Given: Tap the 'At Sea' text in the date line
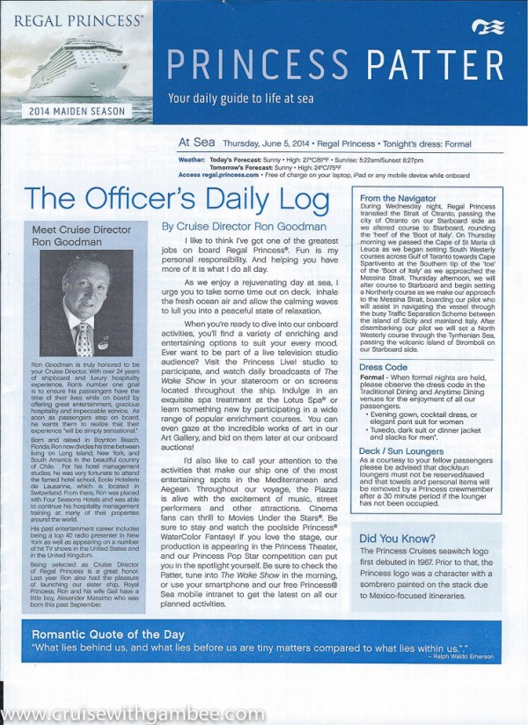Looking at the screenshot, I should [194, 140].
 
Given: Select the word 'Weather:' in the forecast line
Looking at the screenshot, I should [192, 161].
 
